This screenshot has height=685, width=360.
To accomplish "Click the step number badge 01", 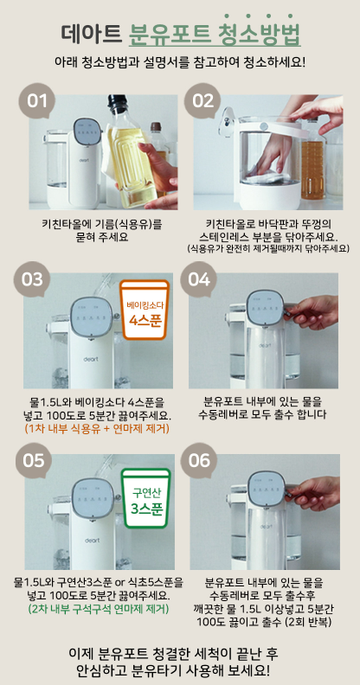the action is [x=36, y=101].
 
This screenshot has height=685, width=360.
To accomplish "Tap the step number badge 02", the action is [x=202, y=101].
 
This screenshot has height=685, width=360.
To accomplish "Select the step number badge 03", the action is [x=32, y=279].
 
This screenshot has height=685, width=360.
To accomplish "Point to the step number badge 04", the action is [x=198, y=279].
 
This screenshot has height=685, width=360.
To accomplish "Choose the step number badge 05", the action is [x=34, y=461].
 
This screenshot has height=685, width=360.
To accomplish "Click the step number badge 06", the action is [x=199, y=461].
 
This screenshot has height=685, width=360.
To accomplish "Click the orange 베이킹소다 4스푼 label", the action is [x=145, y=310].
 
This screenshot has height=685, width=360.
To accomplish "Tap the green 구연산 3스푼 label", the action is [x=146, y=498].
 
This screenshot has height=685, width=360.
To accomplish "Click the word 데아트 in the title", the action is [x=92, y=32].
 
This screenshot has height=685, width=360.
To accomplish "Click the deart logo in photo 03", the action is [x=91, y=359].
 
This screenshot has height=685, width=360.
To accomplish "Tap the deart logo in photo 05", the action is [x=93, y=541].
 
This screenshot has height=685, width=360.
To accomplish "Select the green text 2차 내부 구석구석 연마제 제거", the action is [x=99, y=608].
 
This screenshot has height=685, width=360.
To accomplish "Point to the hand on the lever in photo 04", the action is [x=312, y=312].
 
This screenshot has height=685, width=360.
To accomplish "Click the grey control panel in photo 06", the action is [x=266, y=489].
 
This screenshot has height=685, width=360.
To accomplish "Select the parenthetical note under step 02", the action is [x=268, y=248].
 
